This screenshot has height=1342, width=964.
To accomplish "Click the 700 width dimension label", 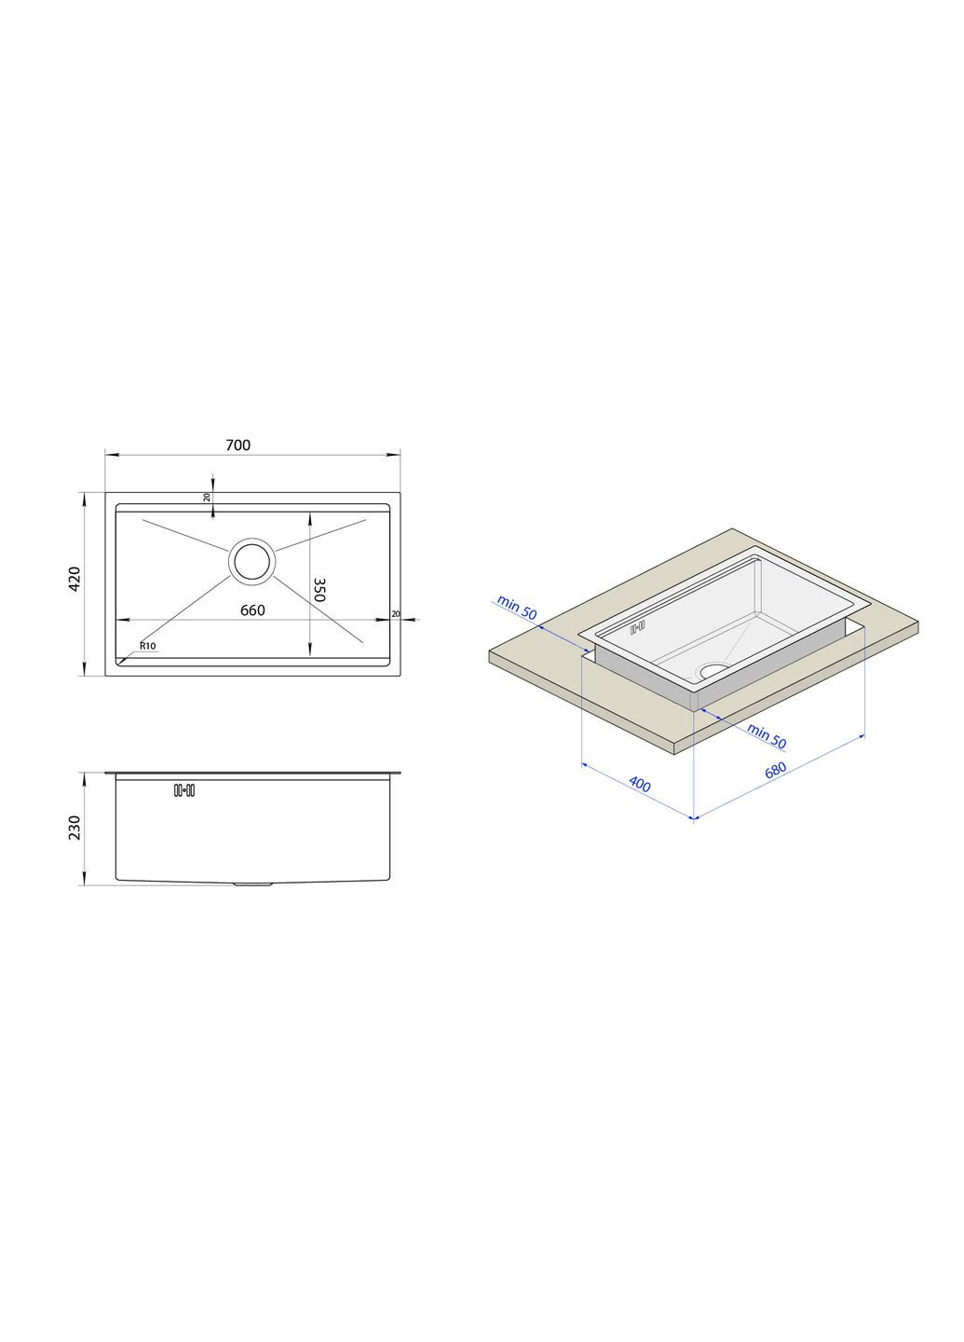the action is click(238, 445).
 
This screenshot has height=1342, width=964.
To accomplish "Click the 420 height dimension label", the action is click(75, 579).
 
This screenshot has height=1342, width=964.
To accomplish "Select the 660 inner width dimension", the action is click(252, 609).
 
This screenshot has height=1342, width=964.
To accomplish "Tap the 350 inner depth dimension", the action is click(319, 590).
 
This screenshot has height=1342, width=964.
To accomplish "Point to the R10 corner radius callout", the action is click(147, 646).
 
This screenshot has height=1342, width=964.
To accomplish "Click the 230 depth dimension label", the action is click(75, 828).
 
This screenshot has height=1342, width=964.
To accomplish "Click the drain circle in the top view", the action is click(252, 561).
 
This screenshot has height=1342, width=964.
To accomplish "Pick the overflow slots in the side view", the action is click(184, 791).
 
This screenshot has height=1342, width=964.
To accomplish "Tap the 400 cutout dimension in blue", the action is click(640, 784).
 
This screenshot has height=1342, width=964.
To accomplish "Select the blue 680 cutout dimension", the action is click(775, 770).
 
